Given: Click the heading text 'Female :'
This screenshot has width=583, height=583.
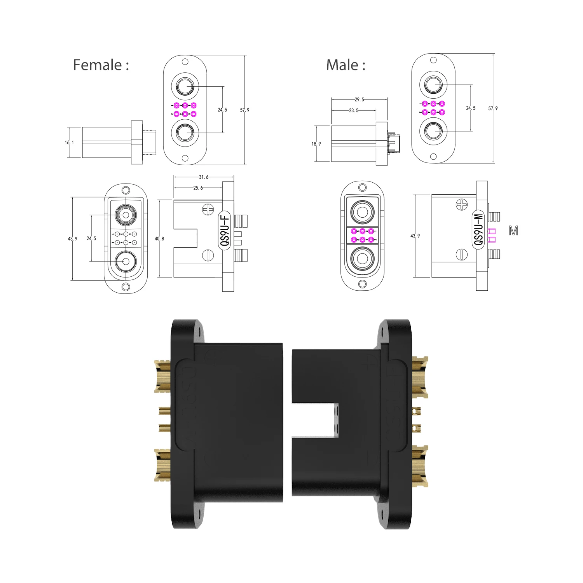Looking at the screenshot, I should pos(101,65).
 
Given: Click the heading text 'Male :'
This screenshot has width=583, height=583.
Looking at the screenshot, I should pos(346,65).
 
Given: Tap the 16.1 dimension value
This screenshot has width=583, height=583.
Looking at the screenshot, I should pos(69,143).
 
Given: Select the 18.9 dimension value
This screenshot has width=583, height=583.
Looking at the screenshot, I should pos(316,144).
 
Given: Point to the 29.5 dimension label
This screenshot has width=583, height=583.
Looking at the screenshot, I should pos(359,100).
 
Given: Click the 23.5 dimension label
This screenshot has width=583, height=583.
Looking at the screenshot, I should pos(353,111).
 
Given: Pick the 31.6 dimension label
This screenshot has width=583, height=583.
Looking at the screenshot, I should pos(204,177).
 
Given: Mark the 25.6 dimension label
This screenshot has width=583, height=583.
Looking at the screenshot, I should pos(198,188).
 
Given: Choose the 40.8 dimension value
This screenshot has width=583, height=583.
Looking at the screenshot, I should pos(159,239).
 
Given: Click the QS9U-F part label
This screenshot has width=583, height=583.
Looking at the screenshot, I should pos(225,230).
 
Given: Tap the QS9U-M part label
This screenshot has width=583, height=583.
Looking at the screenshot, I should pos(478,230).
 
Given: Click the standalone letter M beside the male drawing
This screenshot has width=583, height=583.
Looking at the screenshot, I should pos(513,231).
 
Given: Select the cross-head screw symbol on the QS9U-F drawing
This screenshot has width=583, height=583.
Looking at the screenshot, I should pos(208,209).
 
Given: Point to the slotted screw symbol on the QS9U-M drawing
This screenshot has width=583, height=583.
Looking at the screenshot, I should pos(461,254).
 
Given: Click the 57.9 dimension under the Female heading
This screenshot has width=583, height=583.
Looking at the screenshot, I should pos(244,110).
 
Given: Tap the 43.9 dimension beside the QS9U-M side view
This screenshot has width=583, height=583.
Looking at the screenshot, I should pos(415,236).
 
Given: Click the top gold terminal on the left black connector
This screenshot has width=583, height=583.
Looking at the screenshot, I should pos(163,376).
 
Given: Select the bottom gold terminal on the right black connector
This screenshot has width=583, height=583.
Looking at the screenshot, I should pos(420,466).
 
